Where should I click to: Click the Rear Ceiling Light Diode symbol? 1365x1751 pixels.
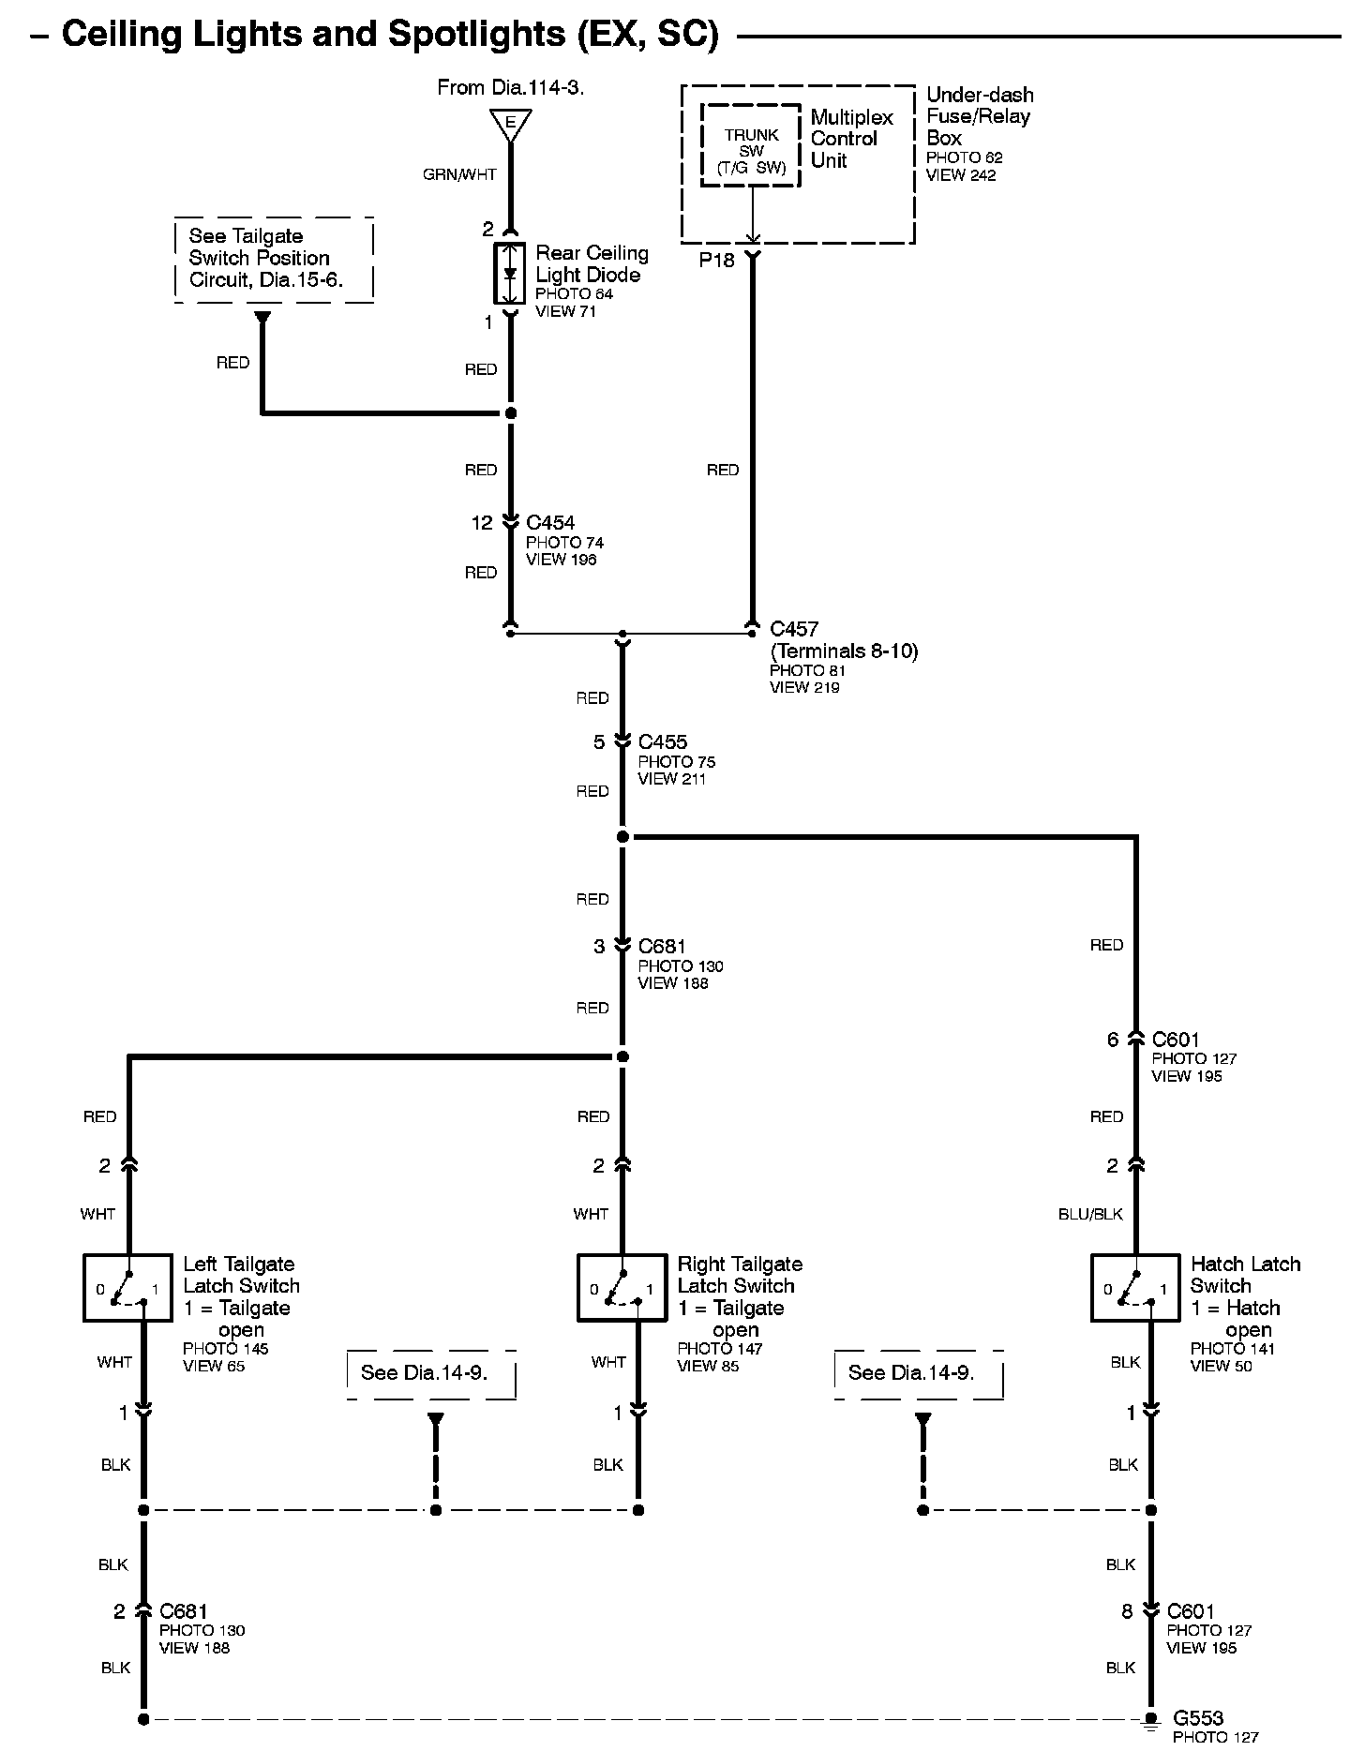pos(510,274)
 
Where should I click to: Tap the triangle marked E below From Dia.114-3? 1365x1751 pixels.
pos(510,123)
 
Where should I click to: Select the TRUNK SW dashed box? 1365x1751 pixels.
pos(751,145)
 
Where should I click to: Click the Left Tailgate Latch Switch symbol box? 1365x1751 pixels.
pos(127,1288)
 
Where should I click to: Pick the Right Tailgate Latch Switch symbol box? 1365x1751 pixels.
pos(622,1288)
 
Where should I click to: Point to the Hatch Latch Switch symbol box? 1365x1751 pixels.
pos(1135,1288)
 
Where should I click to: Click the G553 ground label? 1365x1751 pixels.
pos(1198,1718)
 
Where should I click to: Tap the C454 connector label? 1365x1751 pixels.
pos(550,523)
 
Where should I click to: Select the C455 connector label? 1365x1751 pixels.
pos(663,742)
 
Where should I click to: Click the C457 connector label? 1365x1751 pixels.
pos(794,629)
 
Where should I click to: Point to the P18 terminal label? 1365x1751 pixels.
pos(717,261)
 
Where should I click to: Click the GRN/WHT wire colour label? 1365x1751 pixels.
pos(459,174)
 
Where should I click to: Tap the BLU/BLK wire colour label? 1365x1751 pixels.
pos(1090,1214)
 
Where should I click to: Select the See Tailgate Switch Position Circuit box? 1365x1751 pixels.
pos(274,259)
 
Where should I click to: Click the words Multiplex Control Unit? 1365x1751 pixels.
pos(851,139)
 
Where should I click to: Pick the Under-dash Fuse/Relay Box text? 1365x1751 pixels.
pos(979,116)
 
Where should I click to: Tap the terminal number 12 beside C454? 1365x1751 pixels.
pos(482,523)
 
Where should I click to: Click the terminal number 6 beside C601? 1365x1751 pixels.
pos(1113,1040)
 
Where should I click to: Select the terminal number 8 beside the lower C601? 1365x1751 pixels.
pos(1127,1611)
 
